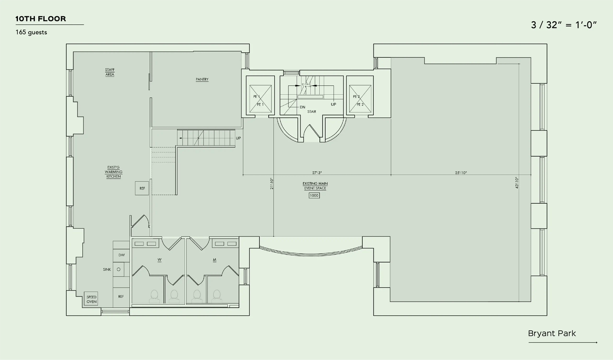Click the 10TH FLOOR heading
(41, 19)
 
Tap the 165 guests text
(31, 32)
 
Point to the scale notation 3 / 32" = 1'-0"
(564, 25)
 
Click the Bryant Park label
(552, 333)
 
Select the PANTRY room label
(202, 79)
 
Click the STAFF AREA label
(110, 72)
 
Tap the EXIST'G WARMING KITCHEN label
(114, 172)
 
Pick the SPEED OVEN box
(91, 299)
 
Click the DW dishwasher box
(121, 255)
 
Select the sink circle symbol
(119, 269)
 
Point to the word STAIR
(312, 112)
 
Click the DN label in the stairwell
(303, 107)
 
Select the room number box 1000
(314, 195)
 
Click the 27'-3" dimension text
(317, 173)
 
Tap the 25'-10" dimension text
(461, 173)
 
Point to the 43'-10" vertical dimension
(517, 183)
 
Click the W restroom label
(160, 260)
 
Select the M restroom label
(215, 260)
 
